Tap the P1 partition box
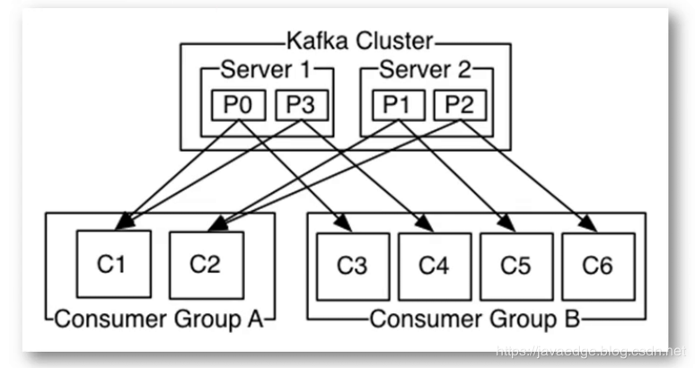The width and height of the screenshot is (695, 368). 397,108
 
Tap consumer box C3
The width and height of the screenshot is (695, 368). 352,266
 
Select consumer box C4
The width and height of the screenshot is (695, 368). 434,266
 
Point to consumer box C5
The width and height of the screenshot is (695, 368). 516,266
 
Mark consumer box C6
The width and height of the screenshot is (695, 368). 598,266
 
